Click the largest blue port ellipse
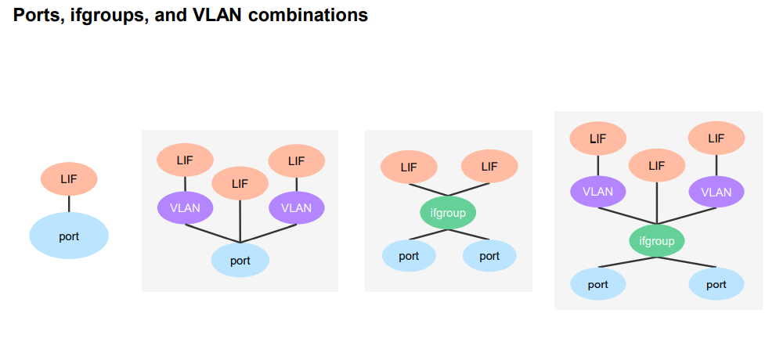[x=69, y=236]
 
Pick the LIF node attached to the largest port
[x=69, y=179]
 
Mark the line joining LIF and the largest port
[x=69, y=203]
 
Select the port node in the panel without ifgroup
[x=240, y=261]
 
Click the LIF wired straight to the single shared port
[x=240, y=184]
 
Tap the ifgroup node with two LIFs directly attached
[x=448, y=212]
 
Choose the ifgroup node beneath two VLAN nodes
[x=657, y=241]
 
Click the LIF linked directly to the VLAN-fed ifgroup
[x=657, y=166]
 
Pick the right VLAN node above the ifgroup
[x=716, y=192]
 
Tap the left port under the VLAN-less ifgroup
[x=409, y=256]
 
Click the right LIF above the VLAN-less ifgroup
[x=489, y=166]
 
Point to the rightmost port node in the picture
[x=716, y=284]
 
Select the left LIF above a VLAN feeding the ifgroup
[x=597, y=139]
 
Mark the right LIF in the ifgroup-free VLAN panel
[x=296, y=161]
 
